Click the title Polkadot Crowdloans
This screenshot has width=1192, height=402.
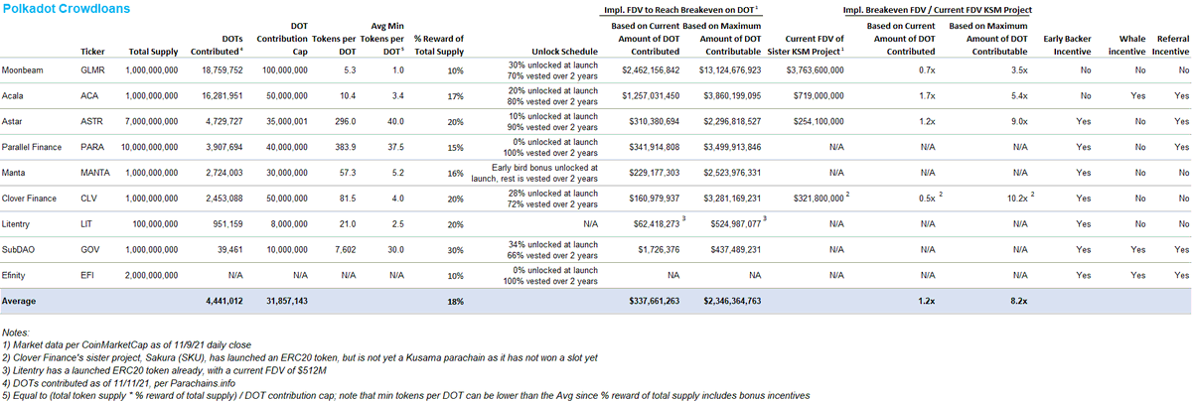coord(67,9)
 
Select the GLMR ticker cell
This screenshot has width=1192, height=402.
coord(92,70)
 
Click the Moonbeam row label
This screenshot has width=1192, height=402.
coord(22,70)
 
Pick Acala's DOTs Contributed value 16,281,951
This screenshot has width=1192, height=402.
coord(223,95)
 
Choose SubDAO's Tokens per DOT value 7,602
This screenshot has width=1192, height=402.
coord(345,249)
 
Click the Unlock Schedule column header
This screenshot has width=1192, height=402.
coord(564,52)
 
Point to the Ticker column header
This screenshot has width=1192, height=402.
coord(92,52)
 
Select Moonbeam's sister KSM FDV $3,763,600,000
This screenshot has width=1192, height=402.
coord(815,70)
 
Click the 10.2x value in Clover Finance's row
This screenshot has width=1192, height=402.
coord(1017,199)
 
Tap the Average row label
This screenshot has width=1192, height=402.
coord(19,301)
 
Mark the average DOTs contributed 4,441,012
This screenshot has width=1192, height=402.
coord(224,301)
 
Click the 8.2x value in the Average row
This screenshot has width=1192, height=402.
coord(1018,301)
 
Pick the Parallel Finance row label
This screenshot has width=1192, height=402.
coord(32,147)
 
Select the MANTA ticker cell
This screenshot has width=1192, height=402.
coord(95,173)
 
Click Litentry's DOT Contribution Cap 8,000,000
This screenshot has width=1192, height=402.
coord(289,224)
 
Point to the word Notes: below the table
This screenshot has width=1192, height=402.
coord(16,333)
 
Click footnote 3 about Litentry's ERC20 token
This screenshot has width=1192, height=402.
coord(164,370)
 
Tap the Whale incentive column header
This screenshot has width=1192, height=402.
coord(1126,46)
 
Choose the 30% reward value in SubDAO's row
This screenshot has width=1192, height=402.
coord(456,250)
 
